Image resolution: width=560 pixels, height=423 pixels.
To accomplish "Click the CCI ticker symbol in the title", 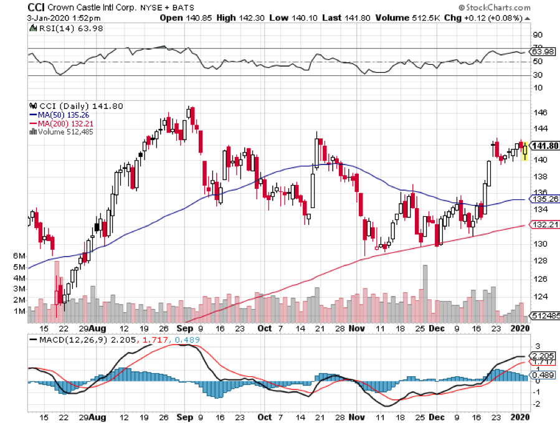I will pos(38,7).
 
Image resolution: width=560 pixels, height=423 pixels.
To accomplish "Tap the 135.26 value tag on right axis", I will pos(544,200).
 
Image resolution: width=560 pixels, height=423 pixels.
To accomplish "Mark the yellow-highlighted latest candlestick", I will pos(525,150).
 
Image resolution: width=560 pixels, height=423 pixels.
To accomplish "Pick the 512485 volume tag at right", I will pos(544,316).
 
